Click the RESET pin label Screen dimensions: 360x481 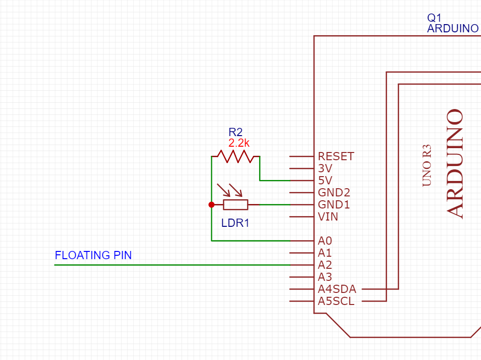click(x=336, y=156)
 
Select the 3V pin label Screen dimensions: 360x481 click(x=326, y=168)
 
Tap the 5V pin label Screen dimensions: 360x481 click(x=326, y=180)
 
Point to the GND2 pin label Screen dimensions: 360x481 click(x=334, y=193)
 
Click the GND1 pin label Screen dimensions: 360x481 click(x=334, y=205)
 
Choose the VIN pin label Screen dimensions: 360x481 click(x=328, y=217)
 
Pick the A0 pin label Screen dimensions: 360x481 click(x=325, y=240)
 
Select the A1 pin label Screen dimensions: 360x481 click(x=325, y=252)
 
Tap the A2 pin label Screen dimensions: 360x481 click(x=325, y=265)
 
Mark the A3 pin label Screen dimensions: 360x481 click(x=325, y=277)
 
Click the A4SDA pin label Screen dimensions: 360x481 click(x=337, y=289)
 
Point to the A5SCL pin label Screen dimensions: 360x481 click(x=336, y=301)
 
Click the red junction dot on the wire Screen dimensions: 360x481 click(x=211, y=205)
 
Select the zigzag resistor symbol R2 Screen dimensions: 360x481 click(x=235, y=156)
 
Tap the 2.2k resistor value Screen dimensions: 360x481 click(x=239, y=143)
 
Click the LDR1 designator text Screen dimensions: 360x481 click(x=235, y=223)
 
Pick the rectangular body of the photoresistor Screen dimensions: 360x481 click(x=235, y=205)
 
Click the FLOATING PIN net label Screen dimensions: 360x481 click(x=93, y=255)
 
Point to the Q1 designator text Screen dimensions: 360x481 click(x=434, y=17)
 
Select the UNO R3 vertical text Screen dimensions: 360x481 click(x=426, y=165)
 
